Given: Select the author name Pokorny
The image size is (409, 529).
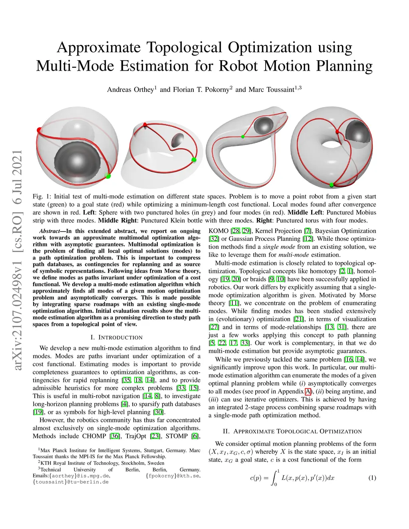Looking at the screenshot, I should [x=214, y=89].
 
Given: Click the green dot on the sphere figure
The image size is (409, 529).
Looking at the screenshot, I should [x=107, y=176].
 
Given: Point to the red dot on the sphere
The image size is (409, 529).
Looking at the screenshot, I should [x=39, y=130].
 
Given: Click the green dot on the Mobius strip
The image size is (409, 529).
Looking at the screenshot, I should [x=194, y=160].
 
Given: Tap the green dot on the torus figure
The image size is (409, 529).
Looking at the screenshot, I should [x=331, y=184].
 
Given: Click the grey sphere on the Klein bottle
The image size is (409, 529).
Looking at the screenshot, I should [x=264, y=125].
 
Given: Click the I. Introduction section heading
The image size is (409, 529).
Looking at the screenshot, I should [x=116, y=337].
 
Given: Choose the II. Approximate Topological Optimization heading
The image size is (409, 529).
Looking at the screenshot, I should [x=292, y=432].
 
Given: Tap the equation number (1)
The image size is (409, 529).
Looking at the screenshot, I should [x=372, y=478].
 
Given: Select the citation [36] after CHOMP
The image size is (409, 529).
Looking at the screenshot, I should [x=115, y=436].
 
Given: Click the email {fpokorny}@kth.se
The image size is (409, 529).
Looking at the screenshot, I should [x=173, y=476].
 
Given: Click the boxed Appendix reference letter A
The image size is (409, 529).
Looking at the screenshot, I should [x=308, y=392].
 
